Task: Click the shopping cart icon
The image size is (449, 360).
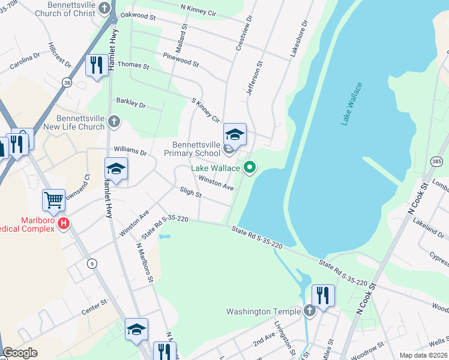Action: [53, 199]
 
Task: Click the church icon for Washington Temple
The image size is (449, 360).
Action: [309, 311]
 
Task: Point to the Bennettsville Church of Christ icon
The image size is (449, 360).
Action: [106, 8]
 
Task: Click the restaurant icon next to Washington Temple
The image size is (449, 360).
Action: [323, 295]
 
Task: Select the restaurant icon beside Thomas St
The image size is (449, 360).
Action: [96, 64]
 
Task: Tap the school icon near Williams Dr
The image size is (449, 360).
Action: [116, 169]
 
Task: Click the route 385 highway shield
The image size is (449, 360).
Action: [436, 161]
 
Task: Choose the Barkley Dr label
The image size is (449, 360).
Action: [131, 104]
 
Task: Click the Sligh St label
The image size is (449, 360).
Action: [190, 193]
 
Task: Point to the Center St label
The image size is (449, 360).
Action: [94, 306]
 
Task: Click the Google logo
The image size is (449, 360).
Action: [20, 353]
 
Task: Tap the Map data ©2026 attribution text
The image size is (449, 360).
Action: [423, 355]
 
